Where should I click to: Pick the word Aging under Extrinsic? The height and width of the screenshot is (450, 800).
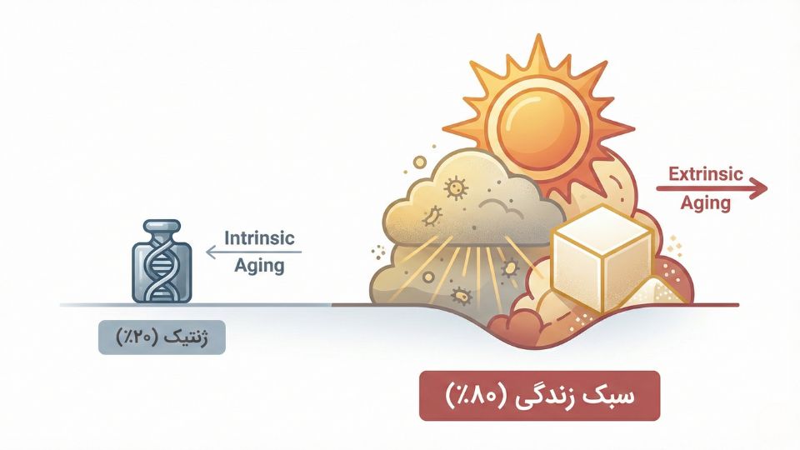pos(706,202)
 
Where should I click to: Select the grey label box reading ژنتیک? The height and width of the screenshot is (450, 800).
pos(162,338)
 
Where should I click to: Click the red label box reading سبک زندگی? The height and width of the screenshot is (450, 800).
pos(538,395)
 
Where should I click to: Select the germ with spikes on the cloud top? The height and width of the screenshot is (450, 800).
pos(456,188)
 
